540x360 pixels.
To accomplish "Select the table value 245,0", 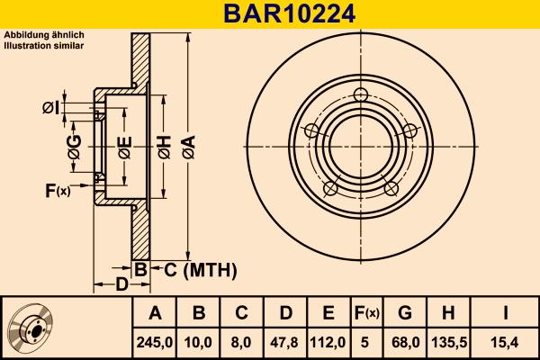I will (x=155, y=341).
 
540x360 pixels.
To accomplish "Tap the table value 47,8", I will (x=285, y=341).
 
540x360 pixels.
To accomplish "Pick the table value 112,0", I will (x=328, y=341).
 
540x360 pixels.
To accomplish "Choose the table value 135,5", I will (x=448, y=341).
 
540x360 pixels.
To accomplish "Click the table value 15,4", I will (x=506, y=341).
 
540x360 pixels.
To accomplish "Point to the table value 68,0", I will (x=404, y=341).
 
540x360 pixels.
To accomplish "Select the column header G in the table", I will (x=404, y=313).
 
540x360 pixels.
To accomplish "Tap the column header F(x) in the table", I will (x=365, y=313).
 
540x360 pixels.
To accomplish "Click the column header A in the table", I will (x=155, y=313).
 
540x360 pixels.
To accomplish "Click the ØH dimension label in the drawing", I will (x=164, y=147).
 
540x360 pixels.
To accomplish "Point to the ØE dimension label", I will (x=125, y=147).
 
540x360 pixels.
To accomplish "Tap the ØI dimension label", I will (x=50, y=109).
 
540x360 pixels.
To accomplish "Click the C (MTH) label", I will (x=193, y=269).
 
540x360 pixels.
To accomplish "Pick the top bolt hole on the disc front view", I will (x=360, y=96).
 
